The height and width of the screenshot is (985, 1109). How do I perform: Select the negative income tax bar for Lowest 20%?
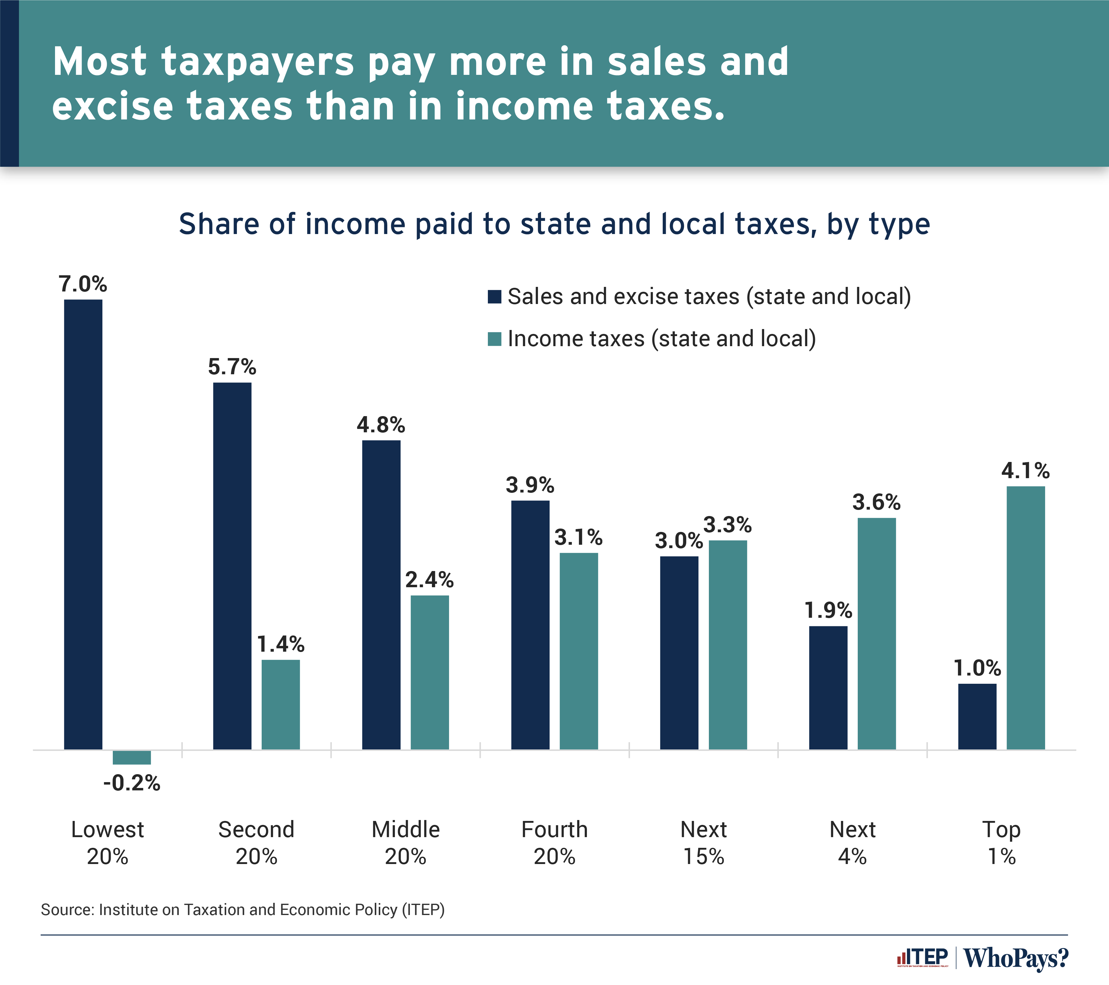pos(131,757)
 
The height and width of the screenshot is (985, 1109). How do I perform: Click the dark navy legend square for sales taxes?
pos(494,297)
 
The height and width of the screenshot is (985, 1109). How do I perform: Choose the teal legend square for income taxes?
pos(494,339)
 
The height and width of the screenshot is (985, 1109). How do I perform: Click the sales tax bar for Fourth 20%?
pos(530,625)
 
